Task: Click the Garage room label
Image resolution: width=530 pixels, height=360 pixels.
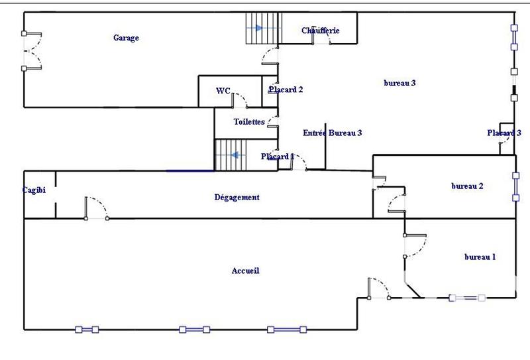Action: click(126, 38)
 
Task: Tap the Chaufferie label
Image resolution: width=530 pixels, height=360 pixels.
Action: click(321, 30)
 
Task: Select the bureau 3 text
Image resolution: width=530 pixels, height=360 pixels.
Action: click(399, 83)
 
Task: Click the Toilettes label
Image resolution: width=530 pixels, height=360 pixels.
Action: click(249, 122)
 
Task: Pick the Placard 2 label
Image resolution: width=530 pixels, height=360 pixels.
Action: click(286, 90)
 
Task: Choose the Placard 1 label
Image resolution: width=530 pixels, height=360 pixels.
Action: click(278, 156)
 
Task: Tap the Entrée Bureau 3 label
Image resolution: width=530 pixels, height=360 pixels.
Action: click(332, 133)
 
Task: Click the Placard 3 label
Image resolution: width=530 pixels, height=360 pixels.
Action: click(503, 133)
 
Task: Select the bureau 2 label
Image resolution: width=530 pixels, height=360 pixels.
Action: click(467, 186)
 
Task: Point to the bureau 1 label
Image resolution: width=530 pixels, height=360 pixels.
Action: click(480, 257)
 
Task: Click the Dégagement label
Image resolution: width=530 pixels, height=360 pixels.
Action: click(237, 197)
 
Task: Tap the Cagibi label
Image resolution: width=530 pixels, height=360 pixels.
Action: click(33, 190)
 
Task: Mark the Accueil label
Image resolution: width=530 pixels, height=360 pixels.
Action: click(245, 270)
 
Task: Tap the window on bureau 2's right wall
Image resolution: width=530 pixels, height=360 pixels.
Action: click(515, 186)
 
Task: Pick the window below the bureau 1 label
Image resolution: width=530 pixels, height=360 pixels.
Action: click(467, 298)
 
